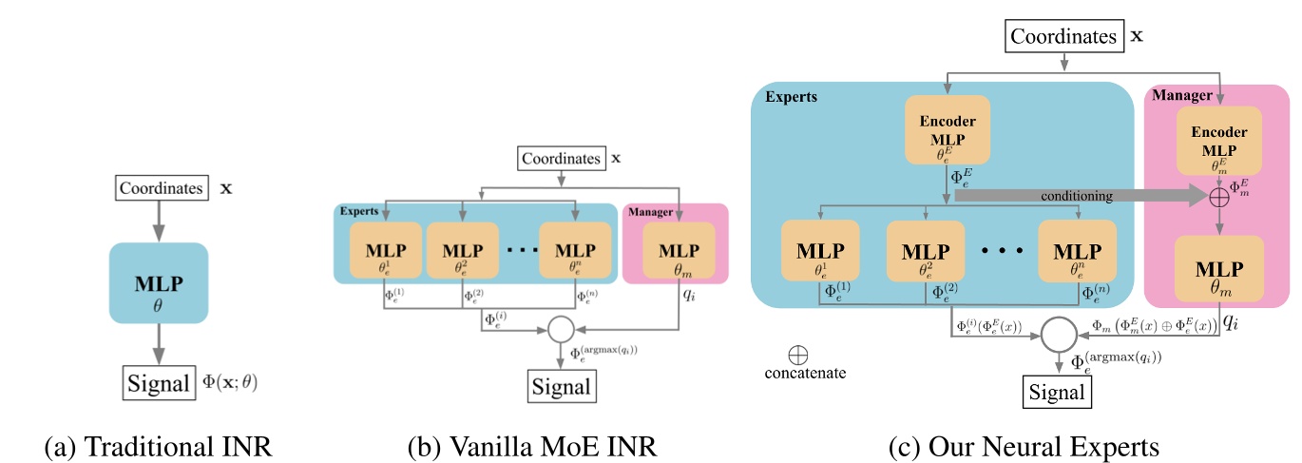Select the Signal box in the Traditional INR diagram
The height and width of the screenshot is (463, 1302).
pos(158,384)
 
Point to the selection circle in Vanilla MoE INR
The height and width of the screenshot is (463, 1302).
pos(562,329)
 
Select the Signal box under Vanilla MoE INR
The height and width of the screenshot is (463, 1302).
pos(561,387)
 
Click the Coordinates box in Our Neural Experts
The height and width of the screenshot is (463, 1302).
pos(1063,36)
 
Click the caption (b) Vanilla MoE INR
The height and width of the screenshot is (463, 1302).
pos(531,444)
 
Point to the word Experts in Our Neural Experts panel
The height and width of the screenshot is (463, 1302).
pos(791,96)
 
